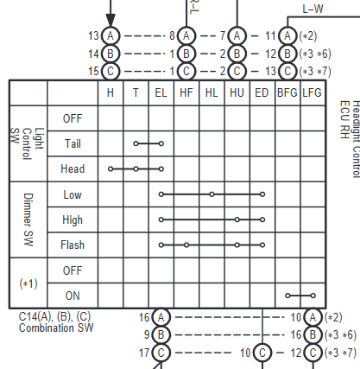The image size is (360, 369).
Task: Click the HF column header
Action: (x=186, y=92)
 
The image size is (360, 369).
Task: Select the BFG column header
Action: (x=287, y=92)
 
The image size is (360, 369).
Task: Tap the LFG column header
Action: (x=313, y=92)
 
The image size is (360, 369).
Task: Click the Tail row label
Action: (x=73, y=143)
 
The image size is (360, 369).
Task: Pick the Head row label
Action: (x=73, y=169)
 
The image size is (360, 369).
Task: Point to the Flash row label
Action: (x=73, y=245)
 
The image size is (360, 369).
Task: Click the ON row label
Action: (x=73, y=296)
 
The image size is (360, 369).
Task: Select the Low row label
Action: (x=73, y=194)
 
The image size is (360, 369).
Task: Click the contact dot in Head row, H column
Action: (x=111, y=169)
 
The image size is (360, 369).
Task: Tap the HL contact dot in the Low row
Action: (x=212, y=194)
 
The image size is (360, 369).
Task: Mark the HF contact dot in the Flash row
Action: (x=186, y=245)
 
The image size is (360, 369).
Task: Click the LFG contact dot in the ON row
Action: (x=313, y=296)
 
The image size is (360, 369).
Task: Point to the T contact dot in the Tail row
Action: (x=136, y=143)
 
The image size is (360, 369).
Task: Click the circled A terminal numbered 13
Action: (x=111, y=36)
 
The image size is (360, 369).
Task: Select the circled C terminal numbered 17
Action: (x=161, y=353)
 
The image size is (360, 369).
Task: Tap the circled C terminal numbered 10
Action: (x=262, y=353)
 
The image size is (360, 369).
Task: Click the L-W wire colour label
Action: (x=313, y=9)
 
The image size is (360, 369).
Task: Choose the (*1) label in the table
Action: (x=28, y=283)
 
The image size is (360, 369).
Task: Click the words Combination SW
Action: (x=56, y=328)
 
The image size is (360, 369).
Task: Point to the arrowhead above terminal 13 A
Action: (x=111, y=20)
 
